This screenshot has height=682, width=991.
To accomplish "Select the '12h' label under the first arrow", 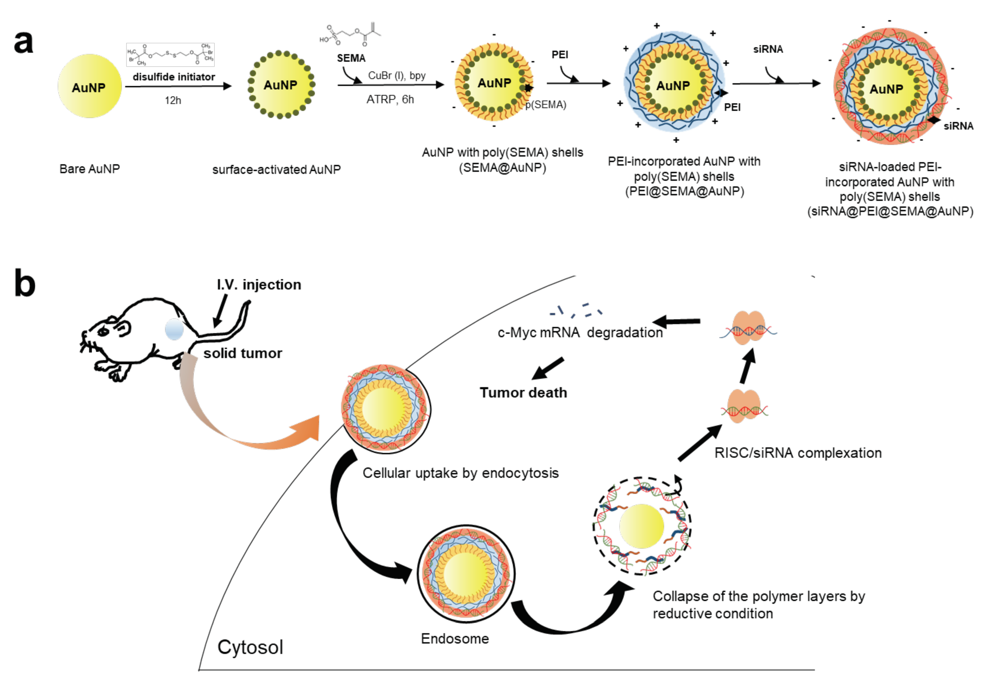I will pos(173,100).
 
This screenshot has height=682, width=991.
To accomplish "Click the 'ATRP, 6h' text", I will pos(390,99).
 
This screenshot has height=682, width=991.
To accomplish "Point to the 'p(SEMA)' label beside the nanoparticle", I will pos(546,105).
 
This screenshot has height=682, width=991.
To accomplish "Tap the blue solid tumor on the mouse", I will pos(174,329).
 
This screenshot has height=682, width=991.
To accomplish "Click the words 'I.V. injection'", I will pos(259,285).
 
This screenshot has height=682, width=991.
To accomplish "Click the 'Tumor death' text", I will pos(523,392).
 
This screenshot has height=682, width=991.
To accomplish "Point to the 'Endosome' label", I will pos(455,638).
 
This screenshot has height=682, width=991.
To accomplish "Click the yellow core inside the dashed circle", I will pos(641,526).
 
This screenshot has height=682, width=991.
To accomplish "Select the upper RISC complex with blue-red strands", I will pos(748,328).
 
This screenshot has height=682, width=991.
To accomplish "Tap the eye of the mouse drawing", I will pos(104,332).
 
